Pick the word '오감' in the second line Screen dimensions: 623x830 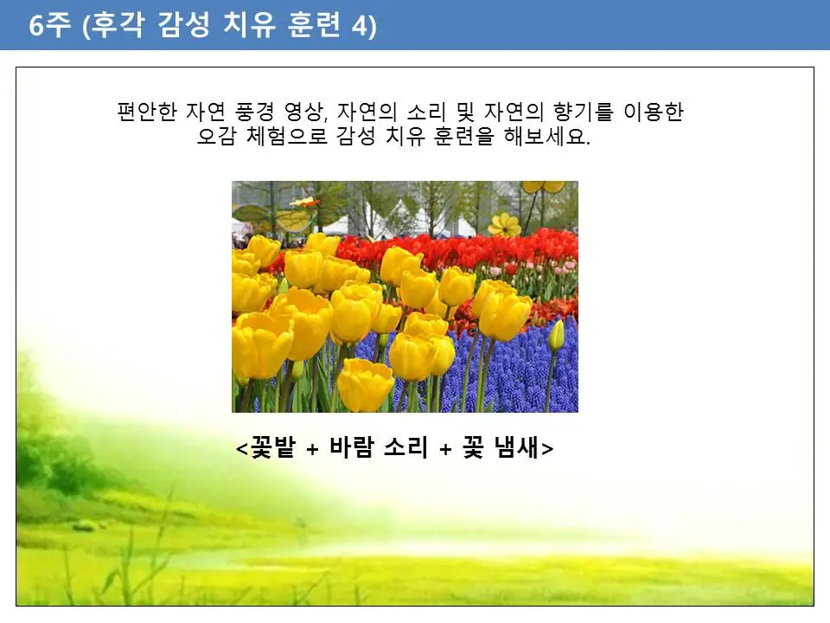click(x=216, y=138)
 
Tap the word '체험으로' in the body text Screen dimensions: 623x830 click(x=281, y=138)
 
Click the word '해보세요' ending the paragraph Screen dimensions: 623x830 click(x=548, y=138)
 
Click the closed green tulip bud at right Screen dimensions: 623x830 click(x=556, y=336)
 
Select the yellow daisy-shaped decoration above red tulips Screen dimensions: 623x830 click(x=504, y=225)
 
